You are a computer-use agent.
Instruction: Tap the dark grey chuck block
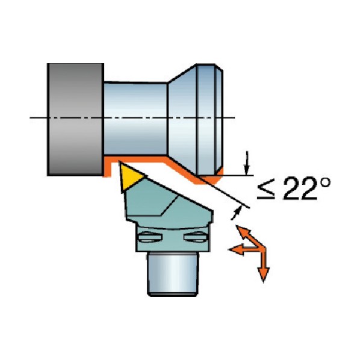tap(75, 119)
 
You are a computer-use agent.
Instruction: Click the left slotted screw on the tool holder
tap(149, 237)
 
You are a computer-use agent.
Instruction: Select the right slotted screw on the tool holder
tap(196, 237)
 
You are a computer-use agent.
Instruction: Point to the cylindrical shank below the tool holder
tap(172, 274)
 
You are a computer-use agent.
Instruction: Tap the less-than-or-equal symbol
tap(266, 190)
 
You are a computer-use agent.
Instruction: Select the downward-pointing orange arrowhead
tap(263, 274)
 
